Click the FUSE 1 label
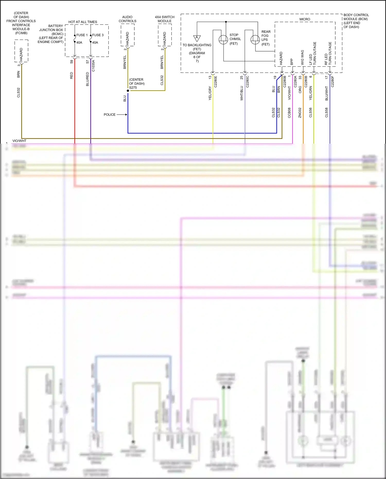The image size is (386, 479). pyautogui.click(x=82, y=35)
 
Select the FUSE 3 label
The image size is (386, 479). pyautogui.click(x=98, y=35)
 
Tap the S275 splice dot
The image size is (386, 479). pyautogui.click(x=128, y=91)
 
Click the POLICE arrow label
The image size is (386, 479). pyautogui.click(x=110, y=115)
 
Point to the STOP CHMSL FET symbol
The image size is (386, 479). pyautogui.click(x=223, y=39)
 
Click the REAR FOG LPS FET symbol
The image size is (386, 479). pyautogui.click(x=255, y=39)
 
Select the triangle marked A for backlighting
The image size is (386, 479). pyautogui.click(x=197, y=38)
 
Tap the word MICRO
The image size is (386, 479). pyautogui.click(x=305, y=19)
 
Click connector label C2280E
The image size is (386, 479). pyautogui.click(x=216, y=82)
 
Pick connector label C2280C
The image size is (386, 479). pyautogui.click(x=247, y=82)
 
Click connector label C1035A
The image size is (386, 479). pyautogui.click(x=93, y=66)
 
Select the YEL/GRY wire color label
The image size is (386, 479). pyautogui.click(x=210, y=93)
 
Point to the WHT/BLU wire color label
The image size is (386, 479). pyautogui.click(x=242, y=93)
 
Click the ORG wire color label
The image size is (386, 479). pyautogui.click(x=300, y=90)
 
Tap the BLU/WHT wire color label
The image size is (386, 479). pyautogui.click(x=327, y=93)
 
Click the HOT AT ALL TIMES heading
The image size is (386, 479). pyautogui.click(x=83, y=22)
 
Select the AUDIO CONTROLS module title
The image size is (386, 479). pyautogui.click(x=127, y=19)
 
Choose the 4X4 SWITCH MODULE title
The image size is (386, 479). pyautogui.click(x=165, y=19)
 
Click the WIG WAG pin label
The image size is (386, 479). pyautogui.click(x=302, y=57)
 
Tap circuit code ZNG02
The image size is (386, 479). pyautogui.click(x=300, y=113)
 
